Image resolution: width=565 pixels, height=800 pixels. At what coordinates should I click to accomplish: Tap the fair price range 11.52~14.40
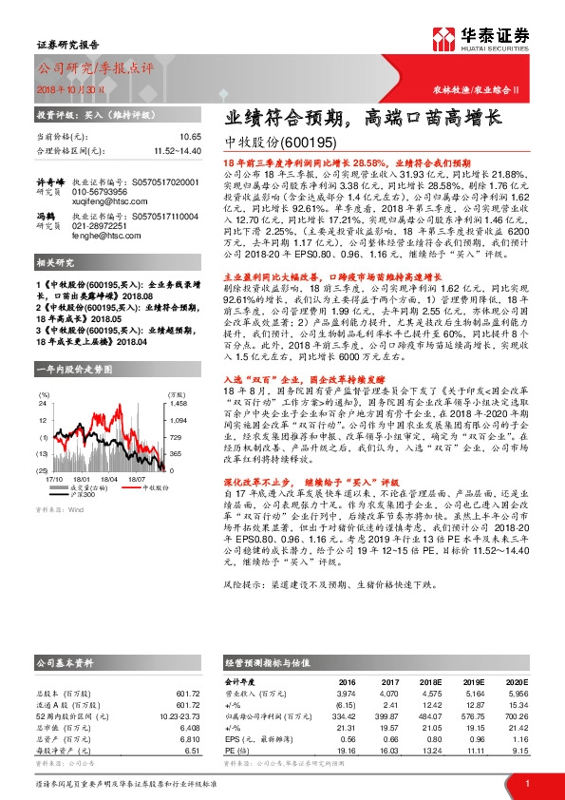tap(176, 150)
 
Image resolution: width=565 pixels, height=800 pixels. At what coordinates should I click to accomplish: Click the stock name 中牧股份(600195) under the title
tap(283, 143)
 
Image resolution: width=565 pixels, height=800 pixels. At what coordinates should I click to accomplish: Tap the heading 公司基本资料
tap(66, 661)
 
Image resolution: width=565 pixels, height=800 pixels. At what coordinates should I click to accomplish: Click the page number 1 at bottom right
tap(526, 782)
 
